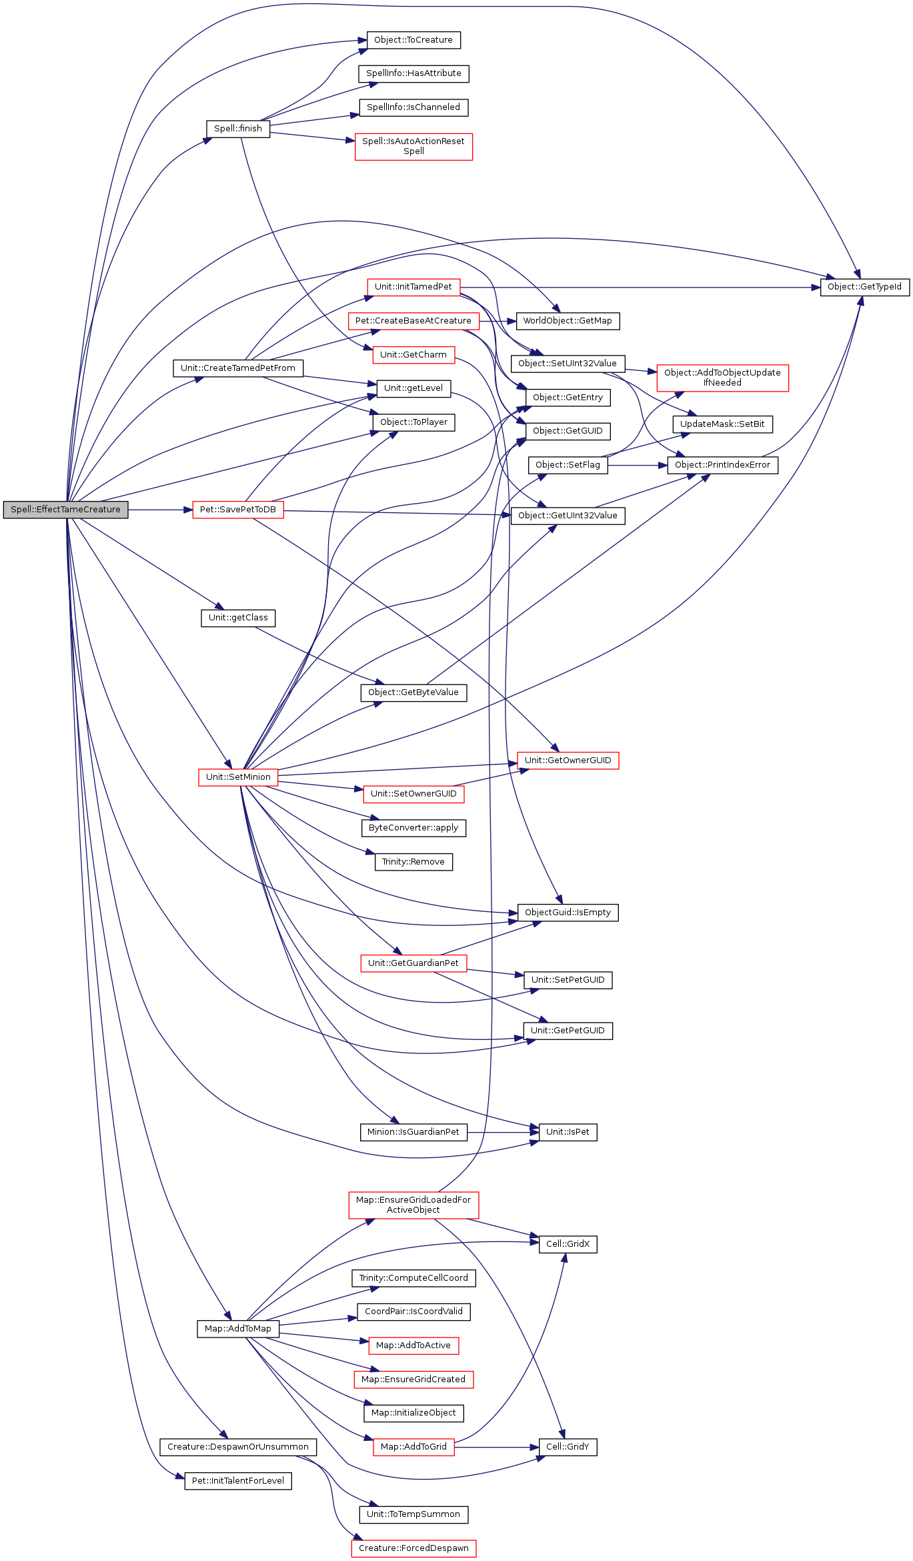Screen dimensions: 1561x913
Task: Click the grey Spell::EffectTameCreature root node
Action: (65, 510)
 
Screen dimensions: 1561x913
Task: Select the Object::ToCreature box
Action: (413, 40)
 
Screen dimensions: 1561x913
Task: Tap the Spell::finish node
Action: (237, 129)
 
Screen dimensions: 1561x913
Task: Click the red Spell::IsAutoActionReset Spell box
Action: (413, 146)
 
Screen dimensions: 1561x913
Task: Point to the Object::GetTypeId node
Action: (864, 287)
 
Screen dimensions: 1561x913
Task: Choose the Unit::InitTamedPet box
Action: (413, 287)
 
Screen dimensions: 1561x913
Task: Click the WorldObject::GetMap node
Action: (568, 321)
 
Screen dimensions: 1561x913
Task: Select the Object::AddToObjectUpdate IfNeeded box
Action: (722, 378)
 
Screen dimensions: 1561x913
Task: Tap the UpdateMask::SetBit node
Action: (722, 424)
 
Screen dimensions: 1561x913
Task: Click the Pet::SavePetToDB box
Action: (237, 510)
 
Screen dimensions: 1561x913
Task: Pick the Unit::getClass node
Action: (237, 618)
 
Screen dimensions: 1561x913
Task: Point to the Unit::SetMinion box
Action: (238, 777)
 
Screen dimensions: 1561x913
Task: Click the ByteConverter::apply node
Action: (413, 828)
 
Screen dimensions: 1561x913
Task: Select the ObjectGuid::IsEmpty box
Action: (568, 913)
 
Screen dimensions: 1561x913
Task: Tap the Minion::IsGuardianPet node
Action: (413, 1132)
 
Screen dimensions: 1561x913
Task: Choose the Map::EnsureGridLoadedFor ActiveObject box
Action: (413, 1205)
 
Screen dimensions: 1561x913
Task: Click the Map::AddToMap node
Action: (237, 1329)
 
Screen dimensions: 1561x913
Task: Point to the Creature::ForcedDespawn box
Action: (413, 1548)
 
